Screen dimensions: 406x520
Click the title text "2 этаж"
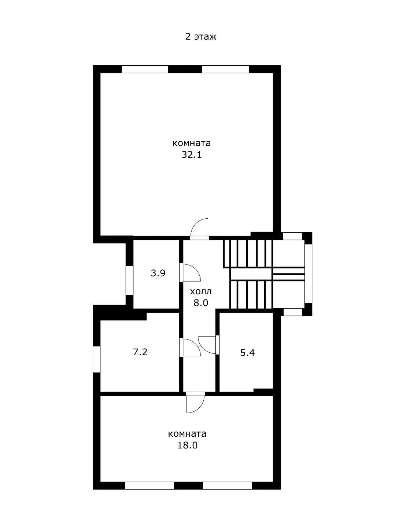point(200,37)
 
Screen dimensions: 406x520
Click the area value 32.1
point(192,155)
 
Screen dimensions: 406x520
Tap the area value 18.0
point(187,445)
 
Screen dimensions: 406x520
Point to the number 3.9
point(158,273)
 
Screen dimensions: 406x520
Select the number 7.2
point(140,352)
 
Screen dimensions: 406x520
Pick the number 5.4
point(247,353)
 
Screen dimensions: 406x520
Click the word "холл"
point(200,291)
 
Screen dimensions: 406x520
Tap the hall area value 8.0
point(200,303)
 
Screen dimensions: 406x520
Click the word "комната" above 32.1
point(192,143)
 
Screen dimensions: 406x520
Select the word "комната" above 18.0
point(187,434)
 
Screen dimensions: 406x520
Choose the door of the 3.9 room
point(190,272)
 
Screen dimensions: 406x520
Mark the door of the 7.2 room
point(190,347)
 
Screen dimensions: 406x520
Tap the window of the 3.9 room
point(129,280)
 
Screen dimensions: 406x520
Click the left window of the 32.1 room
point(145,69)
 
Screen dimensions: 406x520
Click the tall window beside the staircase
point(308,273)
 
